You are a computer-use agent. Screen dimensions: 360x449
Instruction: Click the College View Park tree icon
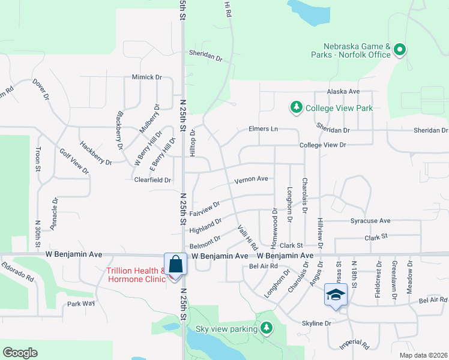click(296, 107)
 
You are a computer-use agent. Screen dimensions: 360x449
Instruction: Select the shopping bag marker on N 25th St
click(174, 263)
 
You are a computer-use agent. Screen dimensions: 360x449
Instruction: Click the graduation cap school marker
click(336, 295)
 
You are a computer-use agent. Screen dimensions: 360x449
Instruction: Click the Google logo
click(20, 352)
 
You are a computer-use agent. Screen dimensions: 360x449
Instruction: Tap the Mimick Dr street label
click(147, 77)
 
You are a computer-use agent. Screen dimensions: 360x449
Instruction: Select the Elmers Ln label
click(264, 129)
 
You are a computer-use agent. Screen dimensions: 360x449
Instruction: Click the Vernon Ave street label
click(251, 179)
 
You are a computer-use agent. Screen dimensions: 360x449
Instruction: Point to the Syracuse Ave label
click(370, 221)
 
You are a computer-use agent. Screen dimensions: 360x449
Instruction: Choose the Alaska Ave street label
click(343, 91)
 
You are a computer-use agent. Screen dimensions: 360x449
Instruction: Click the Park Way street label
click(81, 304)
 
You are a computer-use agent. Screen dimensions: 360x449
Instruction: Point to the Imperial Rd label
click(354, 344)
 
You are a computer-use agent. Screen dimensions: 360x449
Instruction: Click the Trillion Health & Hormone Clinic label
click(135, 274)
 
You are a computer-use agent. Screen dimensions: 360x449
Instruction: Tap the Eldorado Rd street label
click(17, 272)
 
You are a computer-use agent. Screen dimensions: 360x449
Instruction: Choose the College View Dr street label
click(323, 145)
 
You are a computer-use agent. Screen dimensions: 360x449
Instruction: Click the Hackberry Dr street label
click(95, 154)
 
